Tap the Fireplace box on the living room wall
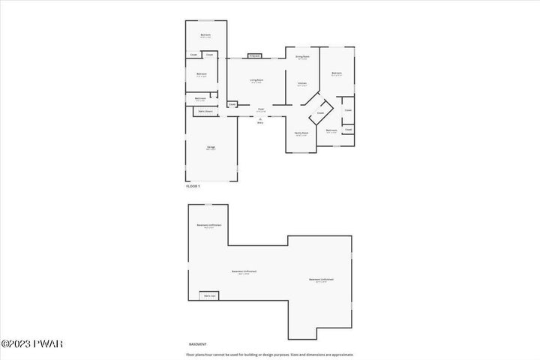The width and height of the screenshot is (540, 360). [254, 55]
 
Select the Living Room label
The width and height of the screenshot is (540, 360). [256, 82]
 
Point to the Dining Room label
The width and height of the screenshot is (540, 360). [302, 57]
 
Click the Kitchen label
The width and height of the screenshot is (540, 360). [301, 84]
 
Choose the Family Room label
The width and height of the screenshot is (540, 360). [301, 135]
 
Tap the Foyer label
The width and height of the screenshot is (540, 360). [261, 109]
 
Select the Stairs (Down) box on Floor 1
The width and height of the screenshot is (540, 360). [204, 111]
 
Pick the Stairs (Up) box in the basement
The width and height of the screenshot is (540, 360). [209, 295]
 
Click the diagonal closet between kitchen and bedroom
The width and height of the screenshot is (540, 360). [320, 113]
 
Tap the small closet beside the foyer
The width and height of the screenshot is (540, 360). [232, 104]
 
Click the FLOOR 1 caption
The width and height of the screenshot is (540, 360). [193, 185]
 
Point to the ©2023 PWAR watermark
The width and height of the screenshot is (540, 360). [24, 346]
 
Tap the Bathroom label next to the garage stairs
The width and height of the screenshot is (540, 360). [200, 99]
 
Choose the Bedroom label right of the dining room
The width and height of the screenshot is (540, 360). [337, 73]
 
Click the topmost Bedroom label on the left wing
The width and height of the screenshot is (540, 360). [205, 35]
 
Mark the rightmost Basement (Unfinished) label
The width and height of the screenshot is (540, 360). [320, 280]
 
